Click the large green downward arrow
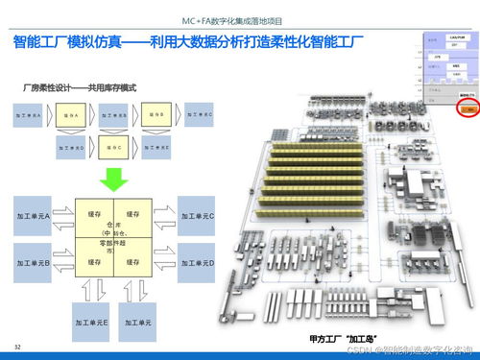click(114, 177)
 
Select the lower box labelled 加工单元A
click(35, 216)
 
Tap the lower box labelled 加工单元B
click(35, 261)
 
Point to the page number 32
click(16, 345)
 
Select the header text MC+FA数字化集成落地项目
click(239, 20)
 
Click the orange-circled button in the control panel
click(466, 135)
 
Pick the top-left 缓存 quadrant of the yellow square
click(95, 213)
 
